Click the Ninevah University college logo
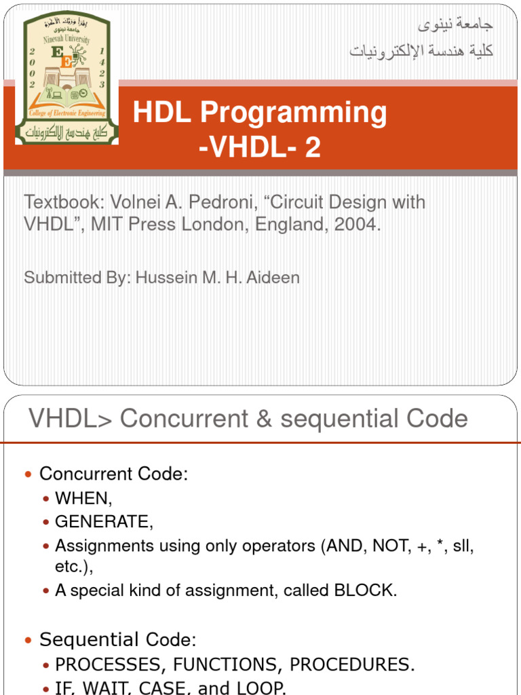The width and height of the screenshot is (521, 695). [67, 79]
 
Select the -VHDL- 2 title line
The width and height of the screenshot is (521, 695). [259, 147]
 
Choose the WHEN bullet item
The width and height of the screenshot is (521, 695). [83, 498]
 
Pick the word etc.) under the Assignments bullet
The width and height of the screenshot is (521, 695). [69, 567]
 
